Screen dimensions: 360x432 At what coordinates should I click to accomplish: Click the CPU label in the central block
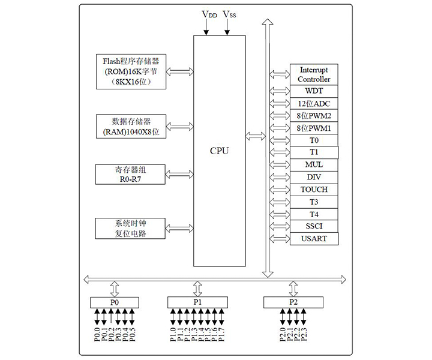(x=219, y=151)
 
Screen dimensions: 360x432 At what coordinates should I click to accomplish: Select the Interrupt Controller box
(x=314, y=74)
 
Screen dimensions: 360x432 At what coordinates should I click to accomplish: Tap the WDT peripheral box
(x=314, y=91)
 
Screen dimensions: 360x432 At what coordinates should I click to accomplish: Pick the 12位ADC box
(x=314, y=104)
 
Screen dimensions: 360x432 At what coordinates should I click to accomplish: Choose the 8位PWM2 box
(x=314, y=116)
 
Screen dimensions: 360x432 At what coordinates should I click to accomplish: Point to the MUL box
(x=314, y=164)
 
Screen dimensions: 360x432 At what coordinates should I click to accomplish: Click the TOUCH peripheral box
(x=314, y=190)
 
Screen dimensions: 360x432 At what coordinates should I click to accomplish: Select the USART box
(x=314, y=239)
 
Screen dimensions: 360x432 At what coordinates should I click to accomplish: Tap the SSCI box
(x=314, y=226)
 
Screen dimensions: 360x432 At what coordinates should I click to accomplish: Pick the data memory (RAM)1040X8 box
(x=130, y=125)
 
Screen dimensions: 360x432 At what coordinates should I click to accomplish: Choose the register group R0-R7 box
(x=130, y=174)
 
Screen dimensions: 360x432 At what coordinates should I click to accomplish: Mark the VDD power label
(x=209, y=14)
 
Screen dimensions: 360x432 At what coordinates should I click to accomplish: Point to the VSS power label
(x=229, y=14)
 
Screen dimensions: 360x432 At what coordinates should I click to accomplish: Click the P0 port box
(x=115, y=302)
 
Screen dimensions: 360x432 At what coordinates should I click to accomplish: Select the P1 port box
(x=197, y=302)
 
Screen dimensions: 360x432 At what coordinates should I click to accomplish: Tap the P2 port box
(x=293, y=302)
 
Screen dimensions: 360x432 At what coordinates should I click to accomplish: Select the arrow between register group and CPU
(x=179, y=174)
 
